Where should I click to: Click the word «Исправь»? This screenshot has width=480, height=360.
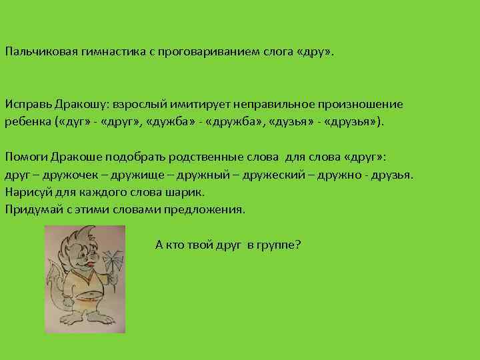(26, 105)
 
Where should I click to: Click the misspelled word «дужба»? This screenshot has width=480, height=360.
(165, 123)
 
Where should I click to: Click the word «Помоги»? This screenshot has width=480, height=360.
(25, 157)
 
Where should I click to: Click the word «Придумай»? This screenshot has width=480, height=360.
(31, 209)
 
